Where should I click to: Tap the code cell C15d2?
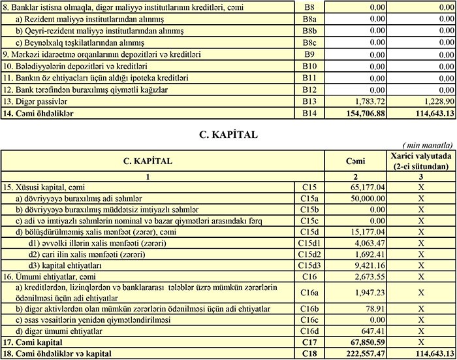(x=309, y=254)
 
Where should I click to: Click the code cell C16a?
(x=309, y=293)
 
